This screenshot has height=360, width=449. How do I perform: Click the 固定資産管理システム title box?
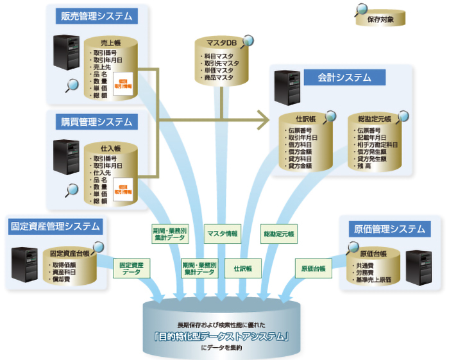[x=55, y=226]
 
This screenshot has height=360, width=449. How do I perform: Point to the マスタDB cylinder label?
[x=221, y=42]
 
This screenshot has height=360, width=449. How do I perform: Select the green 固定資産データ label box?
[x=131, y=268]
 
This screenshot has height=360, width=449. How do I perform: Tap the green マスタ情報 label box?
[x=223, y=233]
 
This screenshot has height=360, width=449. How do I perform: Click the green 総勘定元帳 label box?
[x=279, y=233]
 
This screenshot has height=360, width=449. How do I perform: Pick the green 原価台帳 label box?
[x=310, y=268]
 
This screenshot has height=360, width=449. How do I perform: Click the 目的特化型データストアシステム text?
[x=223, y=335]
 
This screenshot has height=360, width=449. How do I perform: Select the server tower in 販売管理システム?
[x=64, y=55]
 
